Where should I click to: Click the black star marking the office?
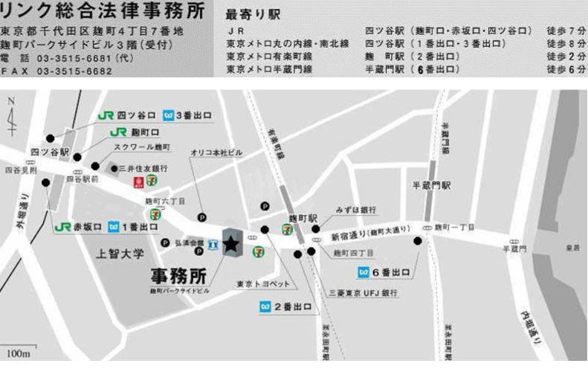pos(231,243)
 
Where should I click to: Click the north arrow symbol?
pos(11,115)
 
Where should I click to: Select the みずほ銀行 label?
pos(356,210)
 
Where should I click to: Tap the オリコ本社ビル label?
pos(216,153)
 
